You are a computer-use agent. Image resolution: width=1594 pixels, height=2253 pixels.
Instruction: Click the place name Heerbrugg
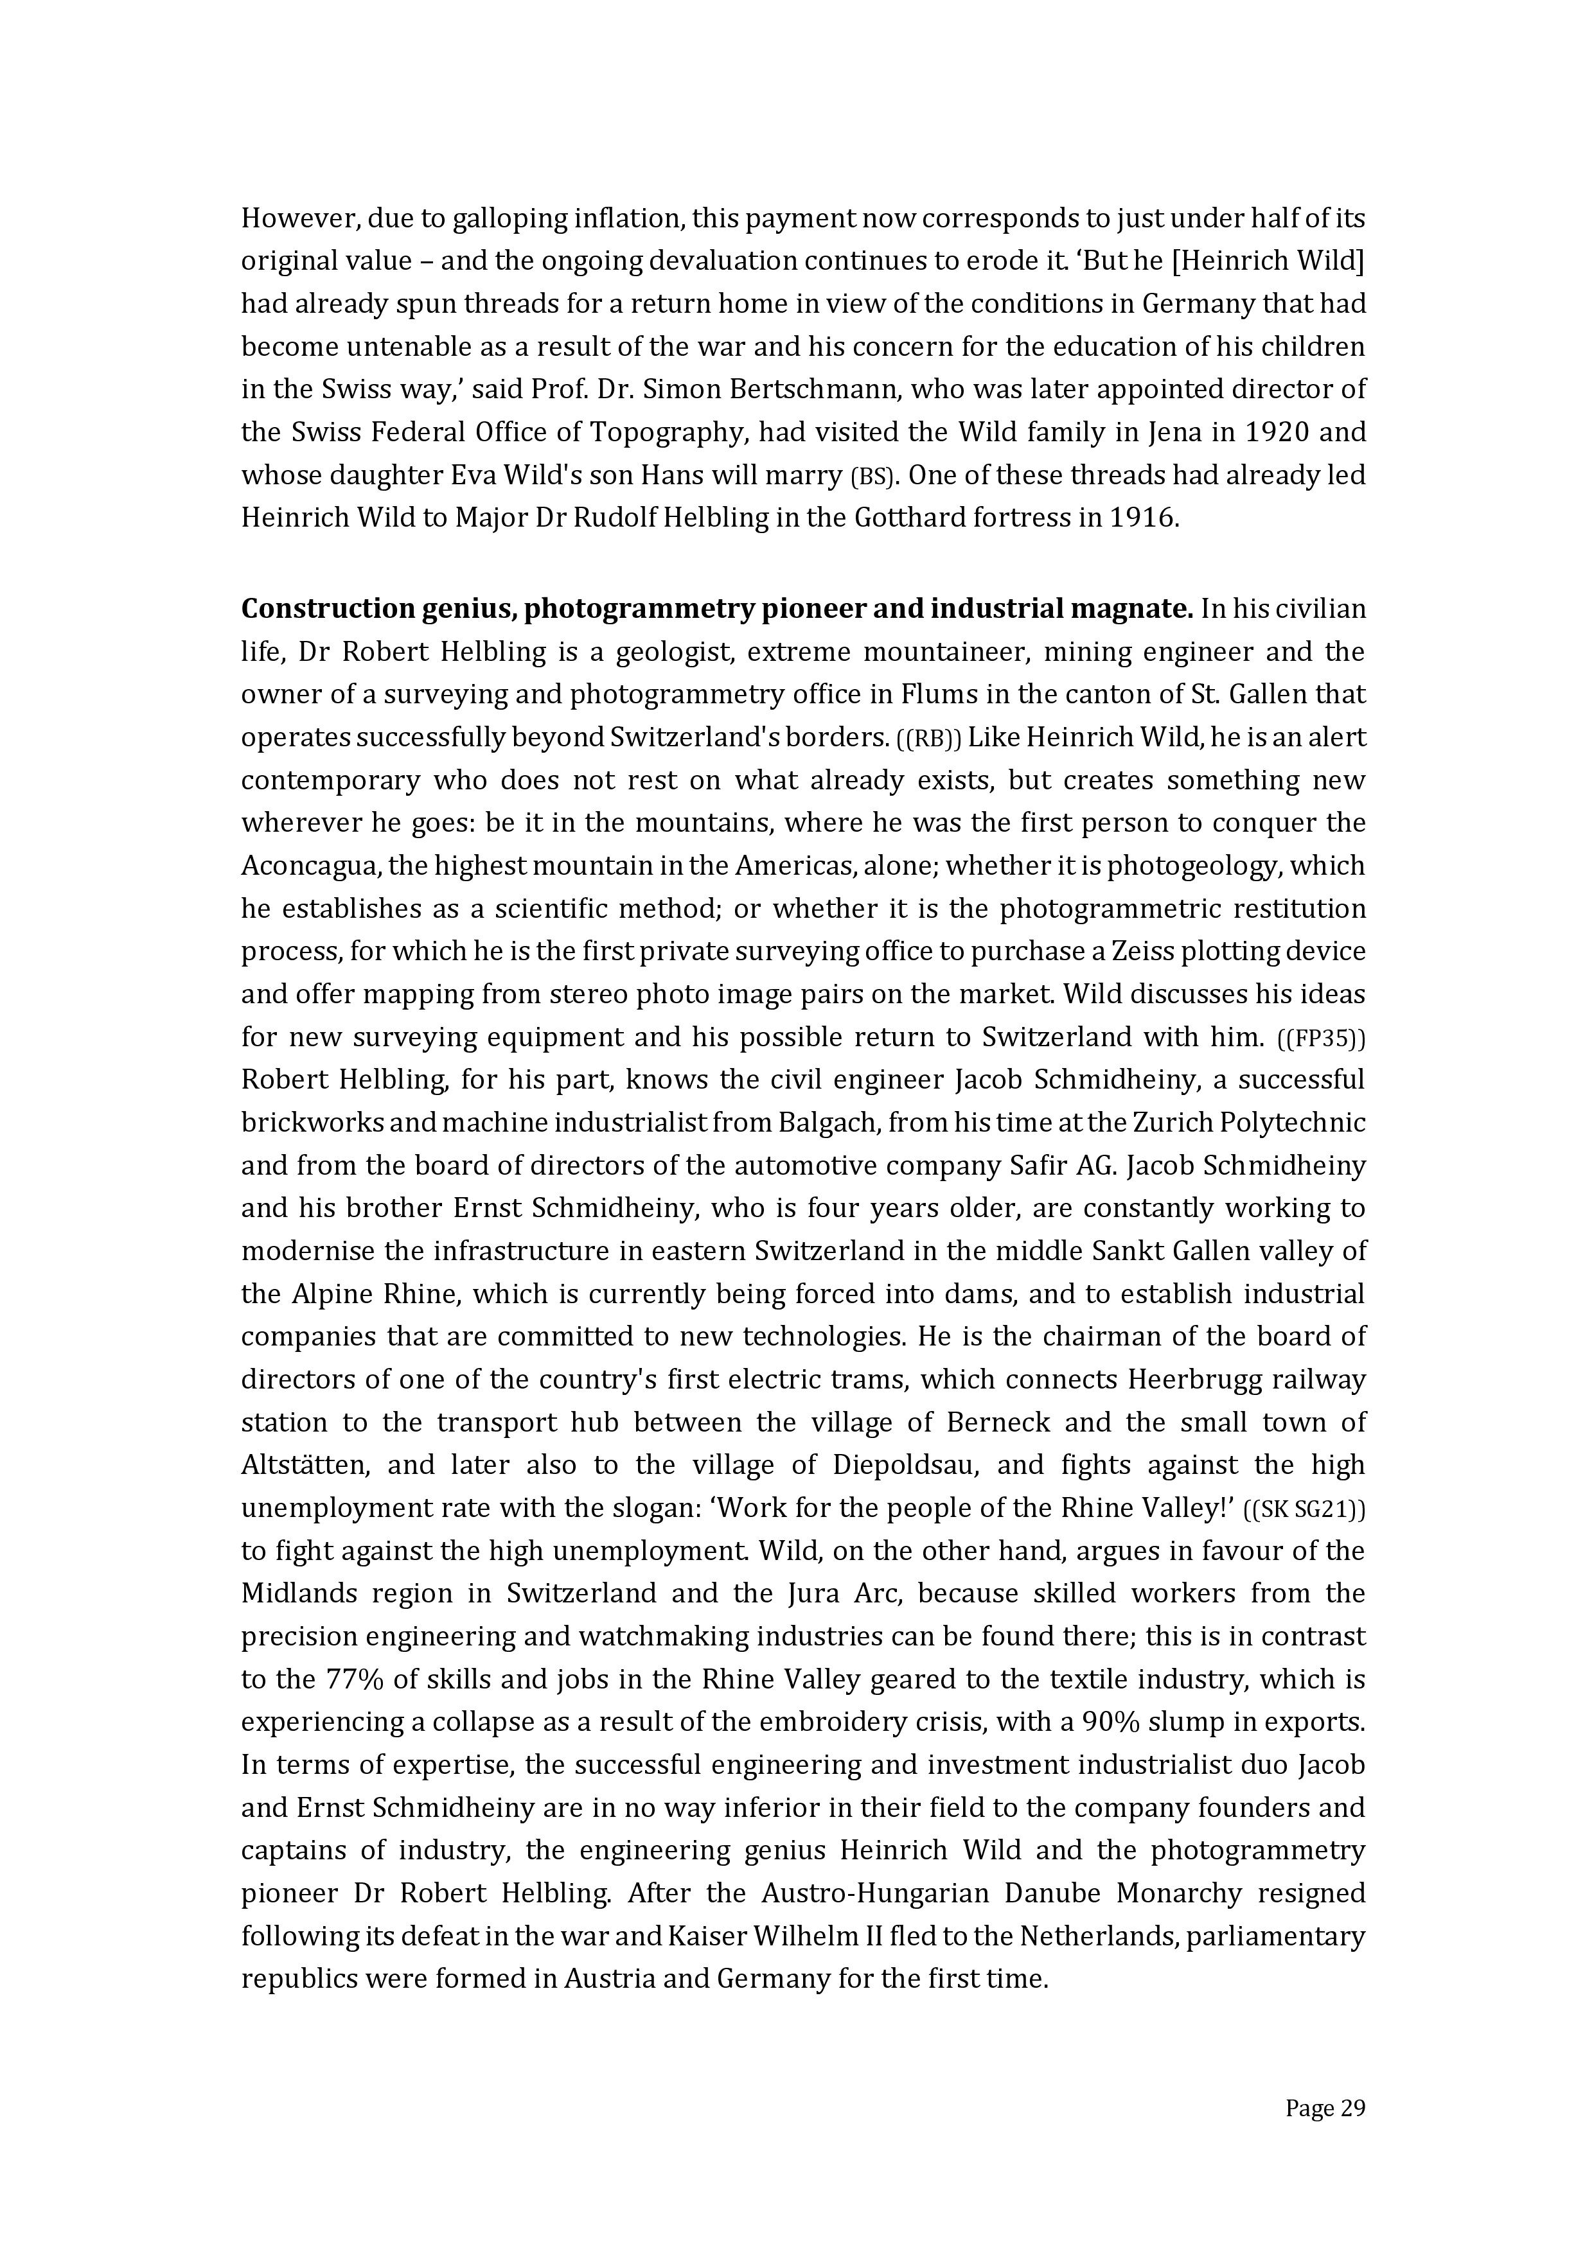click(1192, 1381)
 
